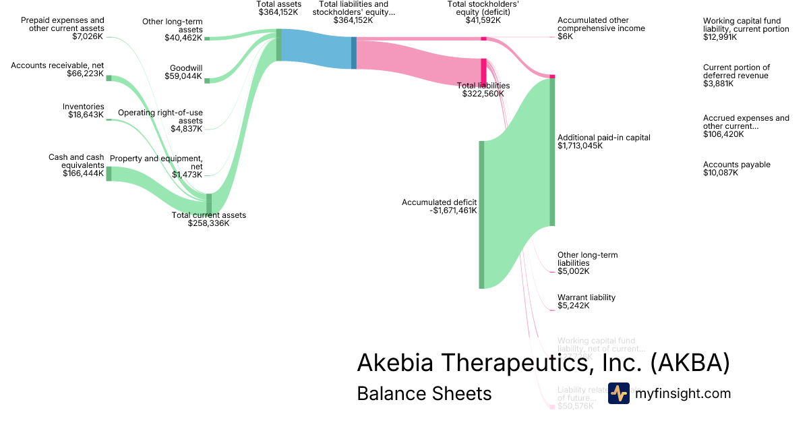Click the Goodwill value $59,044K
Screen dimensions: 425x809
click(x=183, y=76)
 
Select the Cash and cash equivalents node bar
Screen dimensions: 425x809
click(x=109, y=173)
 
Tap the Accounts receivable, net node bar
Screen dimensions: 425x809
click(x=109, y=78)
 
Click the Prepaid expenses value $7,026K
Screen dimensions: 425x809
click(x=88, y=36)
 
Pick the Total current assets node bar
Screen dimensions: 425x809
click(x=209, y=203)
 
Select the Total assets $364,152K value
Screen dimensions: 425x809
click(x=279, y=11)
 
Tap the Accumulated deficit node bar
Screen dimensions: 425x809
click(x=481, y=215)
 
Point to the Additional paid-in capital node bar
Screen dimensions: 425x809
click(x=551, y=152)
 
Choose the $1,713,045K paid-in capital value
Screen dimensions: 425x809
click(x=580, y=146)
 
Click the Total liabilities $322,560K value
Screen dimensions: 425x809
click(x=483, y=94)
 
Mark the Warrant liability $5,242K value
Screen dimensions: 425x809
click(x=574, y=306)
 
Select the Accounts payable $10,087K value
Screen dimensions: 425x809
click(x=721, y=173)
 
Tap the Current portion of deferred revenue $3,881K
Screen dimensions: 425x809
click(x=718, y=84)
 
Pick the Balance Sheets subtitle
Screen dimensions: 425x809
click(x=424, y=393)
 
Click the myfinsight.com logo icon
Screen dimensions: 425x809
click(x=618, y=393)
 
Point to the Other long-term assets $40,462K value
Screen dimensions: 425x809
click(x=183, y=38)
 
